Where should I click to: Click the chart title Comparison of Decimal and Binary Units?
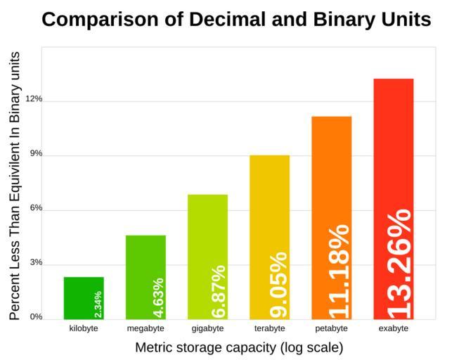[236, 19]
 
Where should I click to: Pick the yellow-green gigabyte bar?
[207, 232]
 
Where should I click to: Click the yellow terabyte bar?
[269, 211]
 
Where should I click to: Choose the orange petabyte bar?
[331, 176]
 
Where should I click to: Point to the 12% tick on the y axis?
[34, 99]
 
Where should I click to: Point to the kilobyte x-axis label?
[84, 328]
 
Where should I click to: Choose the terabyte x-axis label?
[269, 328]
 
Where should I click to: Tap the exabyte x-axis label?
[393, 328]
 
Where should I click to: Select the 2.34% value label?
[98, 304]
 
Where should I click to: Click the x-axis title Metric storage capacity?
[239, 347]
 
